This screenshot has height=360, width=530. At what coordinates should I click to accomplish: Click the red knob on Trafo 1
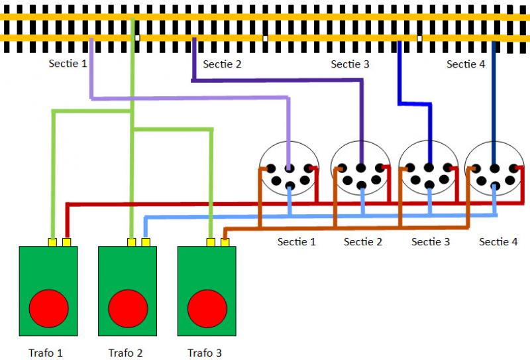pos(48,308)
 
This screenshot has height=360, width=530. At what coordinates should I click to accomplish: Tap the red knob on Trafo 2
pos(128,308)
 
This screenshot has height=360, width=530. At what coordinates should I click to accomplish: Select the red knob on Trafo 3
pos(207,308)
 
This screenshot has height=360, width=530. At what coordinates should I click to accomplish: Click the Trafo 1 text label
pos(46,352)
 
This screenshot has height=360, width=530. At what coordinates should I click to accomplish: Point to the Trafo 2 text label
pos(125,352)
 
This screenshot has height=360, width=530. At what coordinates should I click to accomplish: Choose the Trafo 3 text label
pos(205,352)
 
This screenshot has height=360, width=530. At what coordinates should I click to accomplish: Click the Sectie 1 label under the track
pos(68,64)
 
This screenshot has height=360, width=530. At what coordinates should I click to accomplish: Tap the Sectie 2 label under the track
pos(222,64)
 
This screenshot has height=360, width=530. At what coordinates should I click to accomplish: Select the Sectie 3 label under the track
pos(350,64)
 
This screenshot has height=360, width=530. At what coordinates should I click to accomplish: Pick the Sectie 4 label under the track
pos(466,64)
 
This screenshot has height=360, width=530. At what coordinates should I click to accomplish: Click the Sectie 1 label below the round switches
pos(296,242)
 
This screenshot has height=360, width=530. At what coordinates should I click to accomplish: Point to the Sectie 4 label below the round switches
pos(498,242)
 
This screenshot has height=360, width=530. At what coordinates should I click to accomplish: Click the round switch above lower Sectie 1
pos(290,168)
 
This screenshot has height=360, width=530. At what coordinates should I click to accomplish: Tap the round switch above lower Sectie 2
pos(361,168)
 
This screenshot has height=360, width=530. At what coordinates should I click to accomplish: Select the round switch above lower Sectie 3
pos(429,168)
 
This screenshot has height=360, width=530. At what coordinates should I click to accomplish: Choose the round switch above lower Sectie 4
pos(494,168)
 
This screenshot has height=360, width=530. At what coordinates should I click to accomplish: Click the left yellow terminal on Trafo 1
pos(52,242)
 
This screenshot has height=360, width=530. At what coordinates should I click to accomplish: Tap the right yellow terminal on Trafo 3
pos(225,242)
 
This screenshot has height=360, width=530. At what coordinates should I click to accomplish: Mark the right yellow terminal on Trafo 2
pos(146,242)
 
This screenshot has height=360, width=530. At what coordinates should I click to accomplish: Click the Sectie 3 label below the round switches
pos(431,242)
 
